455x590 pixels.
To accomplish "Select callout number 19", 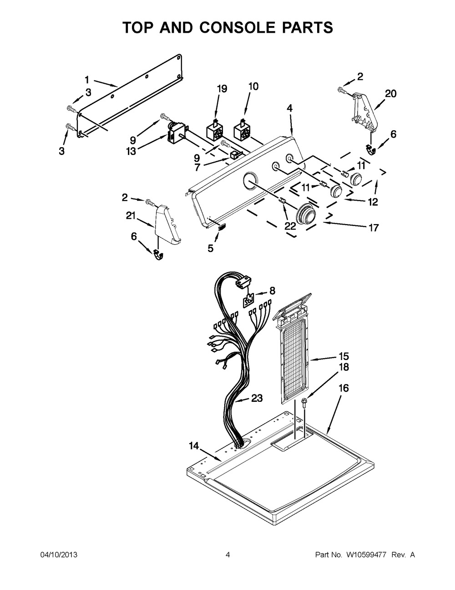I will click(222, 89).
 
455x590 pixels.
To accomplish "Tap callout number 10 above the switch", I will click(253, 86).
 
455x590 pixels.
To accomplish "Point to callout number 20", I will click(390, 94).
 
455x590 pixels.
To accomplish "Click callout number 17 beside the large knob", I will click(373, 228).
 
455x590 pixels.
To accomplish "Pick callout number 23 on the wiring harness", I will click(257, 398).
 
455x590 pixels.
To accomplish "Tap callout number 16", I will click(344, 388).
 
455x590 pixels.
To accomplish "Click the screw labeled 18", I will click(305, 401).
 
